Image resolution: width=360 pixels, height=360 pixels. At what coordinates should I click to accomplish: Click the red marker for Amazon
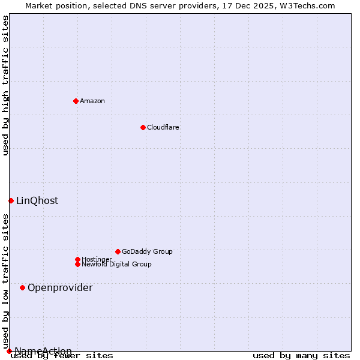point(76,101)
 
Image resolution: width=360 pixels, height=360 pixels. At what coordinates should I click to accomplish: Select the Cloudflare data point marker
point(143,127)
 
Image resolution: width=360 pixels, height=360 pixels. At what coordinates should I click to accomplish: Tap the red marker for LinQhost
point(11,200)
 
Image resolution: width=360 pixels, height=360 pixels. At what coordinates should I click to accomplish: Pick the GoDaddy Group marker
point(118,251)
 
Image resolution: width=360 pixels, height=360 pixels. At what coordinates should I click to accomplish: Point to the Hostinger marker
point(77,259)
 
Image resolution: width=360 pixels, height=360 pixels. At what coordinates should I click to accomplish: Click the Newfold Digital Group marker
point(77,264)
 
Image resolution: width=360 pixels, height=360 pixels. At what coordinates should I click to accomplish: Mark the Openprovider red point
point(22,287)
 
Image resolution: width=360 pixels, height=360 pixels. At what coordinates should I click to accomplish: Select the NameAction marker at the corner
point(9,351)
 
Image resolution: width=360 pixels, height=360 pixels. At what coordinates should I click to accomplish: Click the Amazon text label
point(92,101)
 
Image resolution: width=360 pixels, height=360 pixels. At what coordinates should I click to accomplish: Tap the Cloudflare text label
point(163,127)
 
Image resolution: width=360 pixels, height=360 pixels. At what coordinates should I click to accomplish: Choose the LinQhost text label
point(37,200)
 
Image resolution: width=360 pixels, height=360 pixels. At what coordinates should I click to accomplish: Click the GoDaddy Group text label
point(147,251)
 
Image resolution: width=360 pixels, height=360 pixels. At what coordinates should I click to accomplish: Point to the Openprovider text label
point(60,287)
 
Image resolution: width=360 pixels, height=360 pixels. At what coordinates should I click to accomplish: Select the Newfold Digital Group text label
point(116,264)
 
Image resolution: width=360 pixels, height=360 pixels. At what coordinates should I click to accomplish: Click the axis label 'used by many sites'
point(301,355)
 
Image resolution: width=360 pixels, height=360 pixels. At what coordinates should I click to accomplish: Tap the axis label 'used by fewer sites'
point(62,355)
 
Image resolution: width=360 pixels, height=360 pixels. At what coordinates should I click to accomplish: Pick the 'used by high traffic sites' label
point(5,85)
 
